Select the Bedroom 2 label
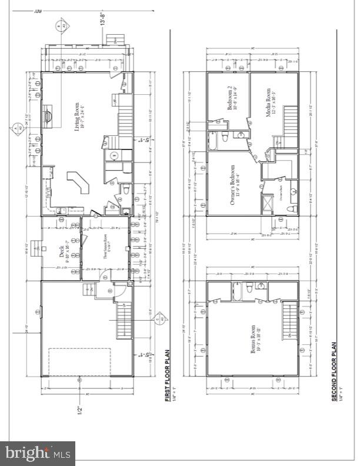pyautogui.click(x=232, y=97)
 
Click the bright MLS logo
pyautogui.click(x=38, y=453)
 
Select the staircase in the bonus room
pyautogui.click(x=288, y=321)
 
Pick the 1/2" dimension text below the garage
pyautogui.click(x=79, y=411)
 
